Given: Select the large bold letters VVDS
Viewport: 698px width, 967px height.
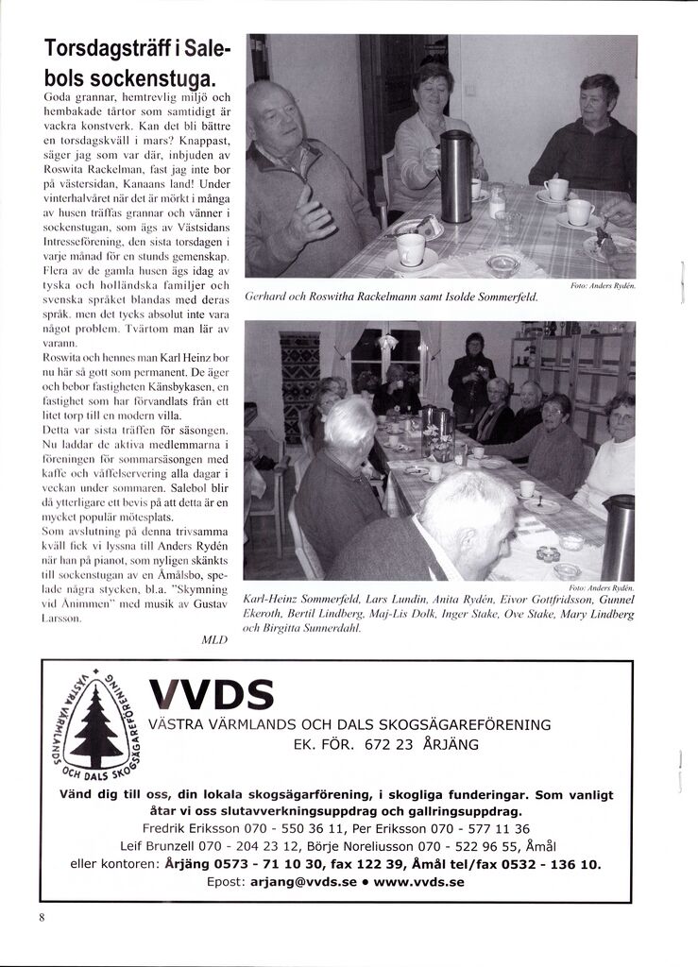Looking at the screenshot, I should [212, 695].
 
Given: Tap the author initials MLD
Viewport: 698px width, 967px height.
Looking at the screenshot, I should [215, 639].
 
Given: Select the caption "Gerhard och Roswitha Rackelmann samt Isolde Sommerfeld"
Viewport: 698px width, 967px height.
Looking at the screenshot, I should [391, 297].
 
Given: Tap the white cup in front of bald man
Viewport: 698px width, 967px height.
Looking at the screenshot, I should [410, 248].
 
